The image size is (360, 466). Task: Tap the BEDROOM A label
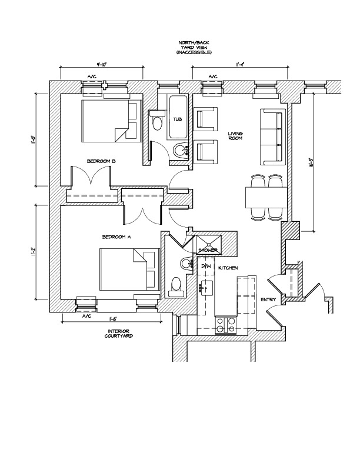coord(116,237)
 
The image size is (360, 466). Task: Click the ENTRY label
coord(268,300)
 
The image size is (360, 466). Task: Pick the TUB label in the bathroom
coord(177,119)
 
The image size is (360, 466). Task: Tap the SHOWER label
coord(208,251)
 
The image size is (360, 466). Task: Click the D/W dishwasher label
coord(206,267)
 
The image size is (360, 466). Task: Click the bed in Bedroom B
coord(109,120)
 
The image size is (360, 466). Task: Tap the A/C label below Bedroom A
coord(86,317)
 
